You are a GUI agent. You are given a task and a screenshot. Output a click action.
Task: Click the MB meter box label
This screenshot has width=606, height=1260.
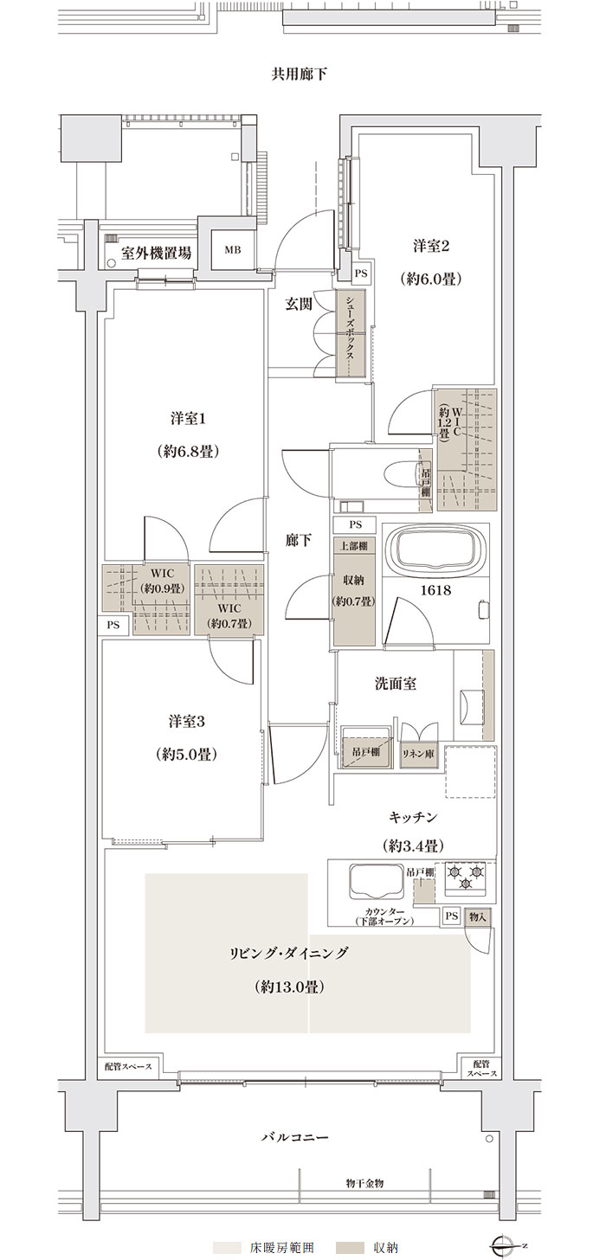point(232,250)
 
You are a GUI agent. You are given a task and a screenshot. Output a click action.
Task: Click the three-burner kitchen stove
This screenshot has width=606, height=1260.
point(466,878)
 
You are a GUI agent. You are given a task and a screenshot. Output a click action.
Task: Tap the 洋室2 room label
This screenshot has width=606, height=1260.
point(431,246)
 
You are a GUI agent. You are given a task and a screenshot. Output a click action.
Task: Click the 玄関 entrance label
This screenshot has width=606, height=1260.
point(298,305)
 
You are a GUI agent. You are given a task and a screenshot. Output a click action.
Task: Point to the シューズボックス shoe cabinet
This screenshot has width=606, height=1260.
point(351,333)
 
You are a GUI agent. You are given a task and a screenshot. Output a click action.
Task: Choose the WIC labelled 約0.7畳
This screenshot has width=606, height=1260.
point(229,601)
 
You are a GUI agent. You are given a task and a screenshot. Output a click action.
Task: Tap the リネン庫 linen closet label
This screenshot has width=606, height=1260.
point(417,755)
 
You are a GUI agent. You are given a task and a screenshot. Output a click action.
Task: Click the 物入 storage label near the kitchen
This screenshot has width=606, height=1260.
point(477,917)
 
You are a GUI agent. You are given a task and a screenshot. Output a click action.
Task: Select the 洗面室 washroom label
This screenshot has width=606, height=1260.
point(396,684)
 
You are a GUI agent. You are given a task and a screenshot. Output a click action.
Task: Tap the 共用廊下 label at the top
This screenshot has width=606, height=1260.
point(299,74)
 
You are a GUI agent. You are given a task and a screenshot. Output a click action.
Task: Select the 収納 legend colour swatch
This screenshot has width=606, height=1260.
point(347,1244)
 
